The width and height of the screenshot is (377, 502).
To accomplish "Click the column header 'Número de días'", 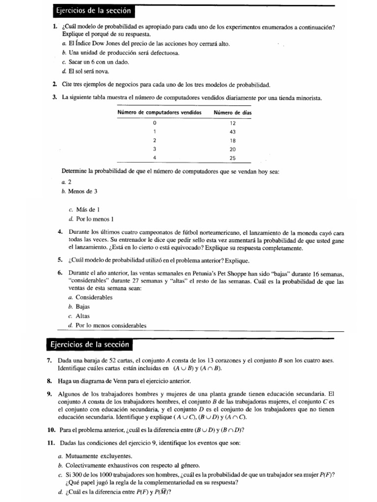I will pos(232,113).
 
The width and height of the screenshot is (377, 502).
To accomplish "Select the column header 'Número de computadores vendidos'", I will pos(160,113).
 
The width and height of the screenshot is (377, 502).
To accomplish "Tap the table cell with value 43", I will pos(233,131).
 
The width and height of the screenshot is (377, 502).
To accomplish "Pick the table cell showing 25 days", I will pos(233,158).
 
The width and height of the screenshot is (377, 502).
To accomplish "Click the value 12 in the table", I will pos(233,123).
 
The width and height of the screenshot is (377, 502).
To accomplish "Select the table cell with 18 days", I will pos(233,140).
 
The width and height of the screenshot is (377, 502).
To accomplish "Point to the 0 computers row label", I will pos(155,123).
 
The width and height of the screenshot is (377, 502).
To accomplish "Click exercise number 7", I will pos(50,360).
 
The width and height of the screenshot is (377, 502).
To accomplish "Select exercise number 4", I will pos(60,231).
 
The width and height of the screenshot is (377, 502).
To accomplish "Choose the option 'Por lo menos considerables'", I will pos(111,325).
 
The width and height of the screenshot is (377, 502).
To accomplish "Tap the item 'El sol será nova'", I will pos(92,71).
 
